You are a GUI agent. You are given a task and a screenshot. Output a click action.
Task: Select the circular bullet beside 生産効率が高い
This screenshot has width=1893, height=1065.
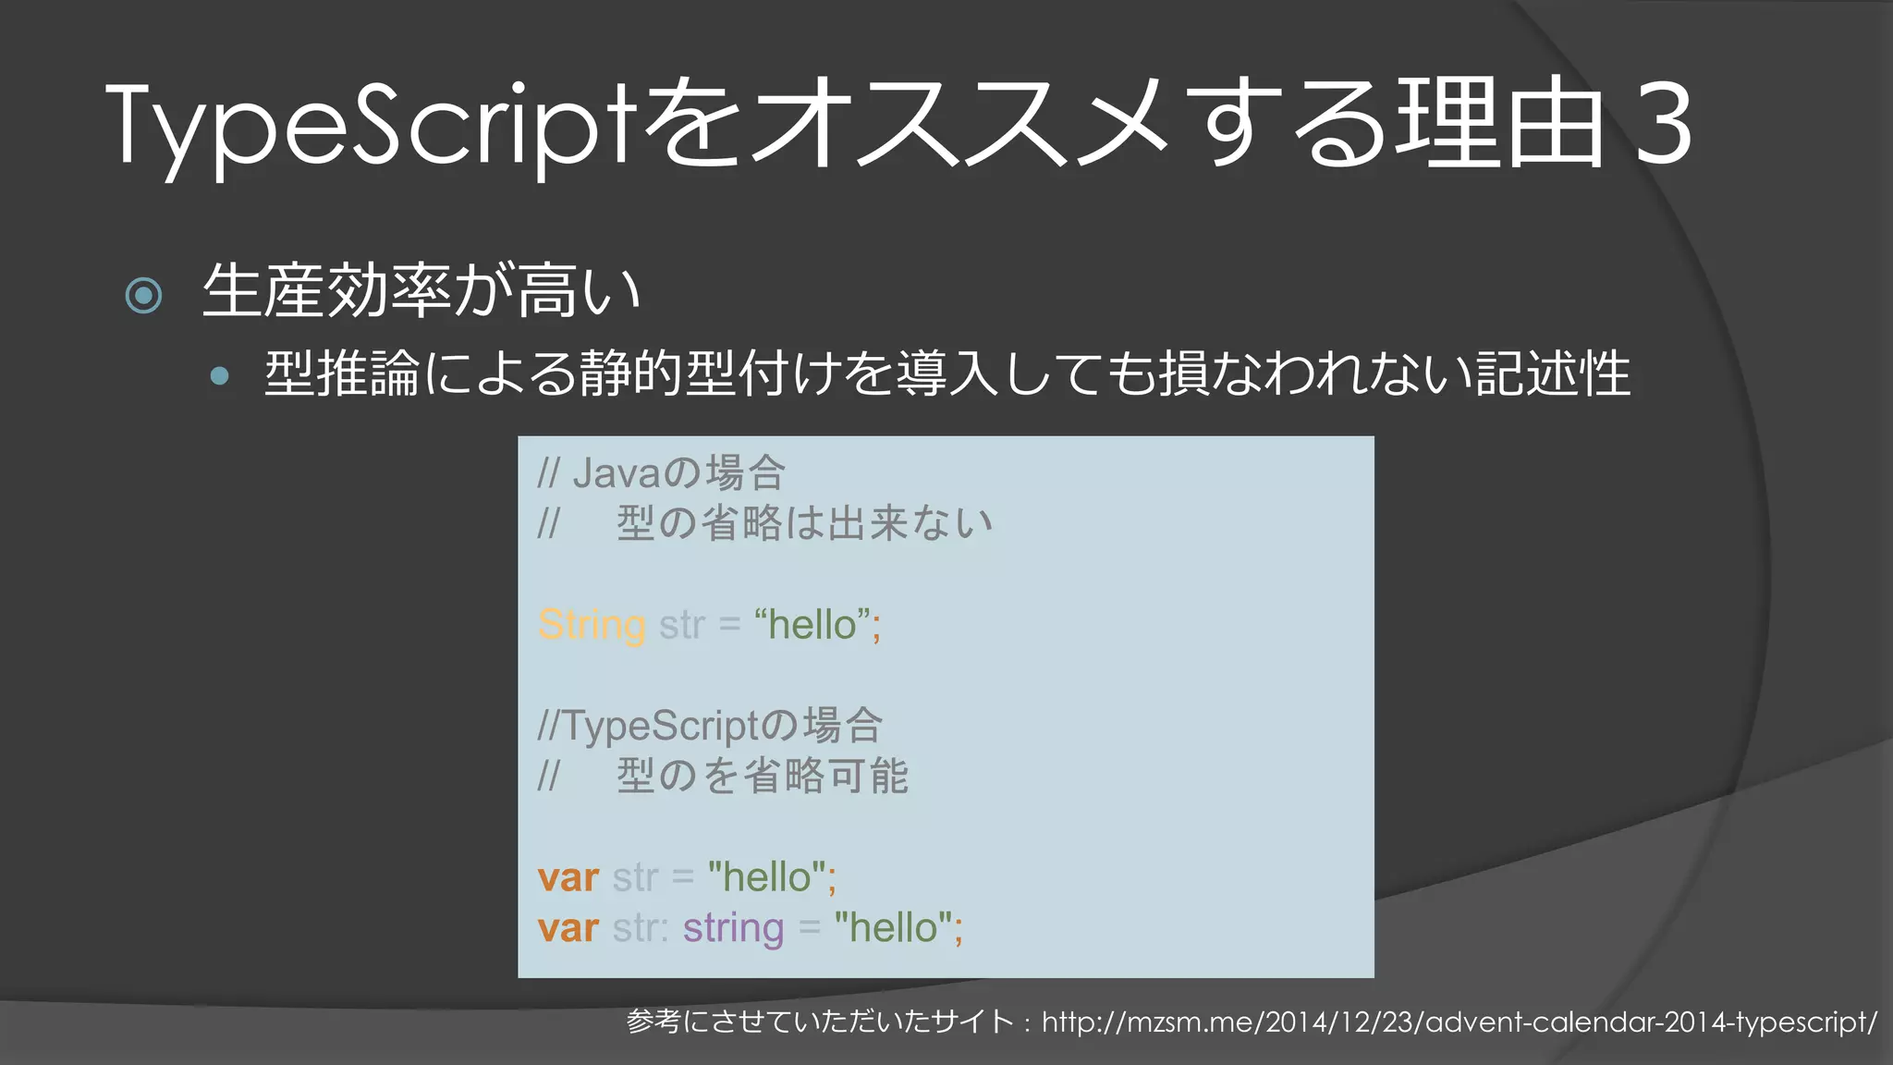[143, 295]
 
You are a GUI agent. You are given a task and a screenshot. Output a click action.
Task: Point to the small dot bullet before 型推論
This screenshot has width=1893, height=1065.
[219, 375]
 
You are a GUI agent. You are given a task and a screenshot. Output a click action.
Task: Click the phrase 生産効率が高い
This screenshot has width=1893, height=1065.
[421, 291]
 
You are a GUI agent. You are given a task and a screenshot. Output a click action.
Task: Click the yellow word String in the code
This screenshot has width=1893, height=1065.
[592, 625]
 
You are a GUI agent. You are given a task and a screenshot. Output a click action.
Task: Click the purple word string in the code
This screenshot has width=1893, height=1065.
[733, 927]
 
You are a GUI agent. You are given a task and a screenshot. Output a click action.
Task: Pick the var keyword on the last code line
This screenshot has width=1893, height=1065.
[568, 927]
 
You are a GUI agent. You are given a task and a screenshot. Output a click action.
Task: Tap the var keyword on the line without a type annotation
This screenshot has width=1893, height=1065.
[568, 877]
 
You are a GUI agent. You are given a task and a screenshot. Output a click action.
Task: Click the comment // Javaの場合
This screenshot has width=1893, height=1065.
[662, 473]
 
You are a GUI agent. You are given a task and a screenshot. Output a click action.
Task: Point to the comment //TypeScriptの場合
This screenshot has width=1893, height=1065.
[710, 726]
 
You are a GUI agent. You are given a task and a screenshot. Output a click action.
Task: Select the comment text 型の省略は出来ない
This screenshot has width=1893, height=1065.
[804, 523]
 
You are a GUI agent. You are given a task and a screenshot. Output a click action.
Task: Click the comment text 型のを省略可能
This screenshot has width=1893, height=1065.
[763, 776]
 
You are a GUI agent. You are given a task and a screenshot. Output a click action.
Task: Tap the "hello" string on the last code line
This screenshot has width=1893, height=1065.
[893, 927]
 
